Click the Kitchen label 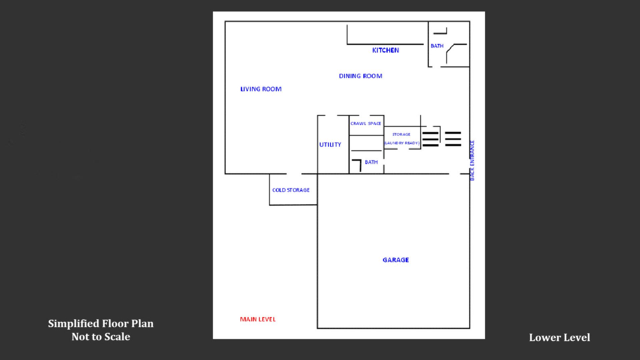coord(386,50)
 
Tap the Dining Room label coord(361,76)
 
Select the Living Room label coord(261,89)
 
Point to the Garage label coord(396,260)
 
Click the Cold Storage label coord(291,190)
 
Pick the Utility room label coord(330,145)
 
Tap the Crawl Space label coord(366,123)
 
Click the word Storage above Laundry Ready coord(401,134)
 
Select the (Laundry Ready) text coord(402,143)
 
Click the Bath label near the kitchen coord(437,46)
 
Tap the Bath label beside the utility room coord(371,162)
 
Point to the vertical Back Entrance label coord(472,160)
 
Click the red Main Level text coord(258,319)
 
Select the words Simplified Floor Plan coord(101,324)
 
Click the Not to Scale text coord(101,337)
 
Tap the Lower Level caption coord(559,338)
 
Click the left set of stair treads coord(431,139)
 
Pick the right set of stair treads coord(453,139)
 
